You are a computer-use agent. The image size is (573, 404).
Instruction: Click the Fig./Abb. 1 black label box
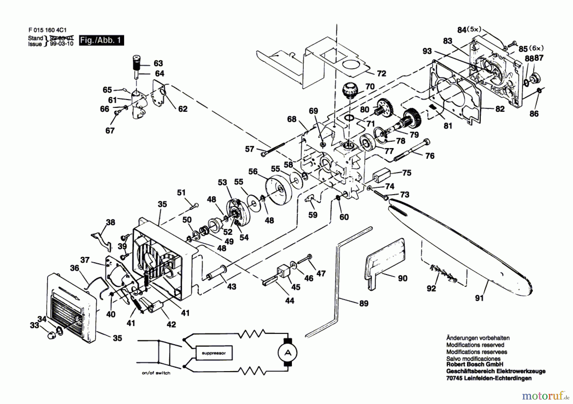[101, 40]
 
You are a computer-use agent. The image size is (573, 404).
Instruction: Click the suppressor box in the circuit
[214, 353]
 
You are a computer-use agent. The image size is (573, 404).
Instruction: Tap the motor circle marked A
[287, 352]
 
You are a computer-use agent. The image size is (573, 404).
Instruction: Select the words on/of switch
[156, 373]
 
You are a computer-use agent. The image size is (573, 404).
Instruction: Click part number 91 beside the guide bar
[479, 298]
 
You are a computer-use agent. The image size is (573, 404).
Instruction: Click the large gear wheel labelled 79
[413, 117]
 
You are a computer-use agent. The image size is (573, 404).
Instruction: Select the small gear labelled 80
[384, 108]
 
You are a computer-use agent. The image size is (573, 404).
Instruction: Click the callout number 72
[381, 74]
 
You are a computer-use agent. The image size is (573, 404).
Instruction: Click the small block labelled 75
[381, 174]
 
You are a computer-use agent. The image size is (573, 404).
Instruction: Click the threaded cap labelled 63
[137, 64]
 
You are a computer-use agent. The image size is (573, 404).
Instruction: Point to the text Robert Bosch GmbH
[475, 365]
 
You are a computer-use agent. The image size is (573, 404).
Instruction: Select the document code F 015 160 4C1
[47, 30]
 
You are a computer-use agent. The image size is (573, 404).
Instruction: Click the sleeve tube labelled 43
[217, 273]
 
